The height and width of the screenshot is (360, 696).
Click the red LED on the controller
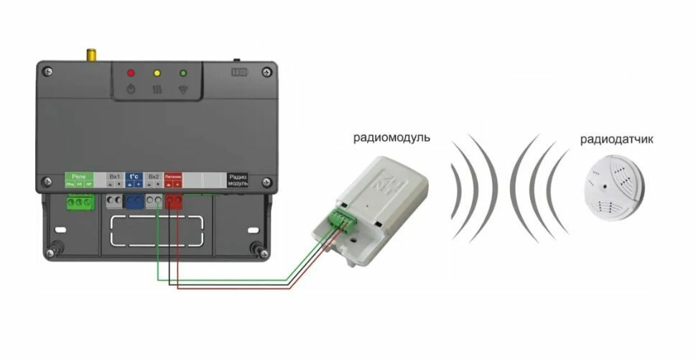coord(131,73)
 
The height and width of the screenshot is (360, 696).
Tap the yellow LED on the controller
coord(157,73)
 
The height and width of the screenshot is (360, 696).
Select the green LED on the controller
coord(182,73)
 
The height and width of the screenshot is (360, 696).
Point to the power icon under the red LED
coord(131,90)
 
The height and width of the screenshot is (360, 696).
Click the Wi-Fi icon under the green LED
coord(182,90)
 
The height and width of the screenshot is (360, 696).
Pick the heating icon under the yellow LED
coord(157,90)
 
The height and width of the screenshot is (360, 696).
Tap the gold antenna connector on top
coord(91,55)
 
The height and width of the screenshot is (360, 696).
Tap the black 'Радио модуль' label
coord(238,180)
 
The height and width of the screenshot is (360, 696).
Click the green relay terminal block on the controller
coord(79,203)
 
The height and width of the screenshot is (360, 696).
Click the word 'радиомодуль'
coord(392,137)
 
